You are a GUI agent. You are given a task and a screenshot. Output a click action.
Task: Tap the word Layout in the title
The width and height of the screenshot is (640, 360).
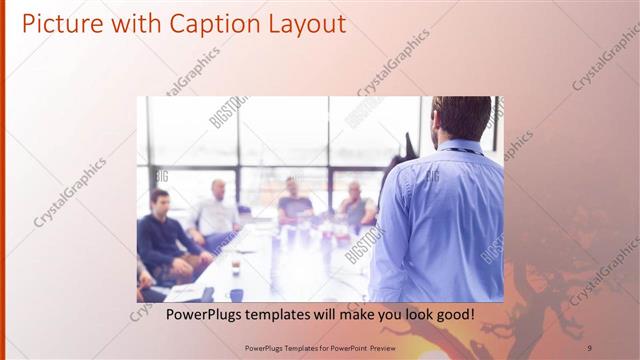coord(303,23)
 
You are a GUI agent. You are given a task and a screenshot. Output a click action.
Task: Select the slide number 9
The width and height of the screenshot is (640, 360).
coord(589,347)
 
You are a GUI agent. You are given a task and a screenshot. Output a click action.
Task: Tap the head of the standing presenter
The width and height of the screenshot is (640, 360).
coord(461,118)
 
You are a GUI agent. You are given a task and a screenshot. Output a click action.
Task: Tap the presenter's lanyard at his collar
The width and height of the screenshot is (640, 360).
coord(463,150)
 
